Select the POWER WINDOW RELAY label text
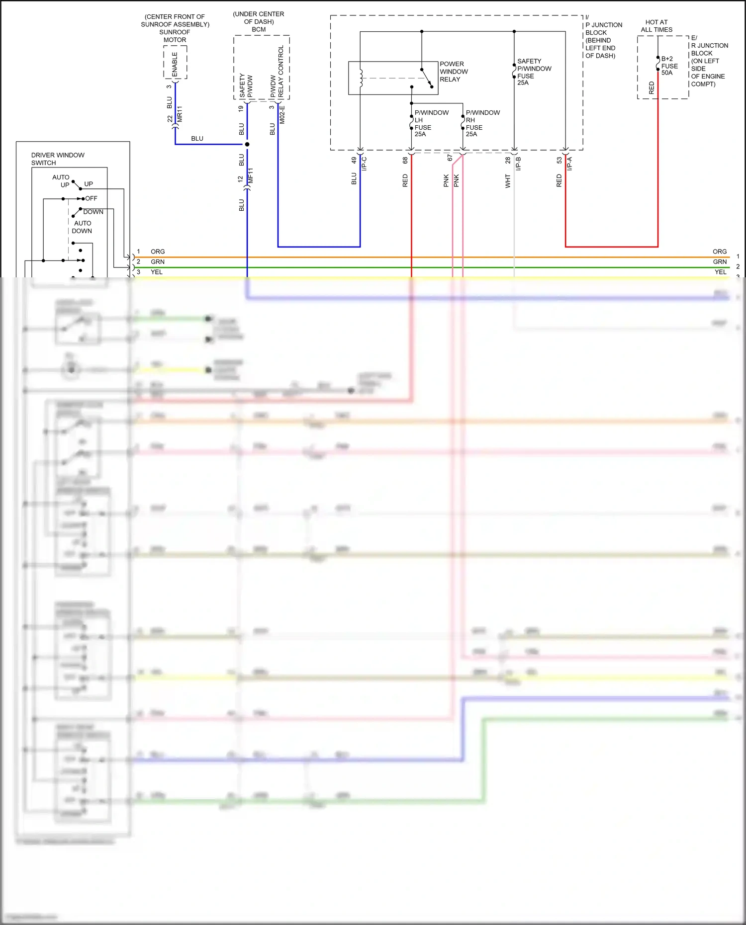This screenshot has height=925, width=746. pos(453,72)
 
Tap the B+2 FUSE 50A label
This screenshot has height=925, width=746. pos(669,66)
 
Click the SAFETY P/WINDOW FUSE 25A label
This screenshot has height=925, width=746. pos(534,72)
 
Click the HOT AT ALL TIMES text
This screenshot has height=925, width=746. pos(656,26)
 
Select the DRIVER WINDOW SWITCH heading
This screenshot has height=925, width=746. pos(57,159)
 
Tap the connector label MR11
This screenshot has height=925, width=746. pos(180,114)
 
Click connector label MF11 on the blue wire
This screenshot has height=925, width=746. pos(251,175)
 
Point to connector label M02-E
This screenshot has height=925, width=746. pos(282,115)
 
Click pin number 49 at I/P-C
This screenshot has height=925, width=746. pos(354,160)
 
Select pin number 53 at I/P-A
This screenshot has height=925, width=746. pos(559,160)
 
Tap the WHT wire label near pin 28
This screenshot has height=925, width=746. pos(508,180)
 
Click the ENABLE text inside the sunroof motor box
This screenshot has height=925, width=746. pos(175,64)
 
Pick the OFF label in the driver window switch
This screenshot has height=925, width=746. pos(91,198)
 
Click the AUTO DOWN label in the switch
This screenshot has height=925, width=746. pos(82,227)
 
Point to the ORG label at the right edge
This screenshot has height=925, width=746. pos(719,252)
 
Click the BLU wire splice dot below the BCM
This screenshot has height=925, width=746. pos(247,144)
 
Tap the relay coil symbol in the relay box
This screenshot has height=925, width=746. pos(361,78)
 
